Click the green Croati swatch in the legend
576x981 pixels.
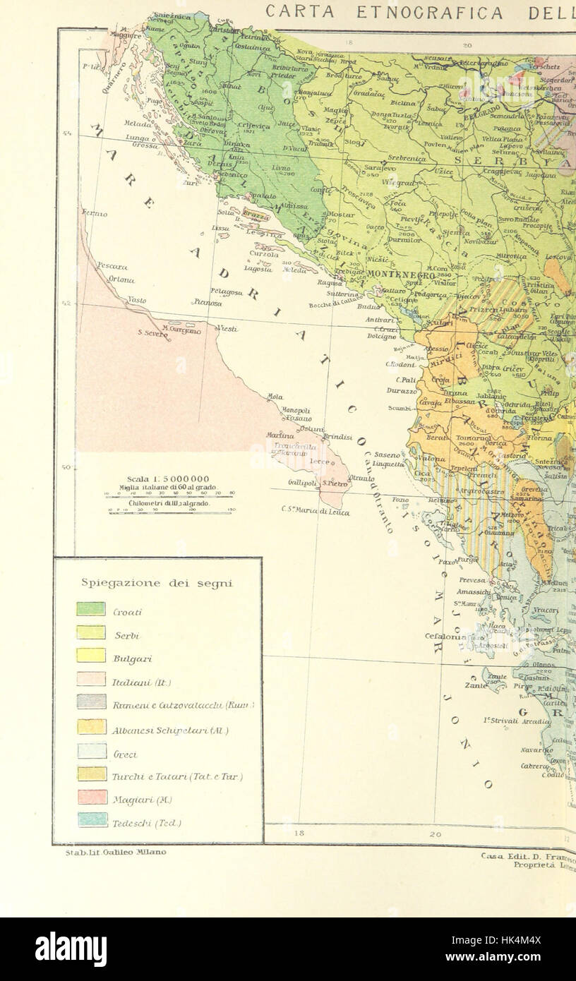[x=90, y=608]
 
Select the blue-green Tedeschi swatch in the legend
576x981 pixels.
[x=92, y=820]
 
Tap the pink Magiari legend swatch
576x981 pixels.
[x=92, y=797]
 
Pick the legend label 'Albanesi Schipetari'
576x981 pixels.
[x=171, y=730]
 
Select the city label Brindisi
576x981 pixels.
[x=337, y=437]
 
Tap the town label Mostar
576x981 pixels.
[x=342, y=214]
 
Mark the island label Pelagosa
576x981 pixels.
[x=226, y=291]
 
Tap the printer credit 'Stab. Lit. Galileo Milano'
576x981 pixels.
[x=116, y=852]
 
